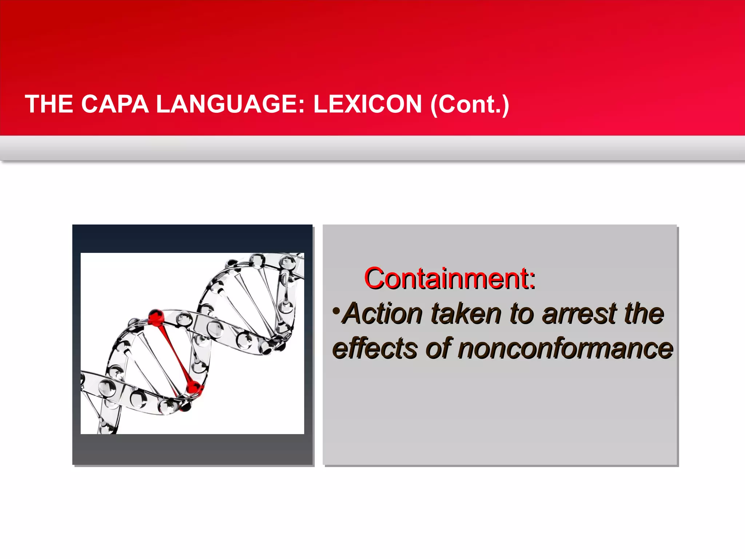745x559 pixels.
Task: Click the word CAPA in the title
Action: pyautogui.click(x=115, y=104)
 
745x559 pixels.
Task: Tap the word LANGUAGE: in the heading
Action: pyautogui.click(x=230, y=104)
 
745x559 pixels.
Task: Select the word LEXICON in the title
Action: pyautogui.click(x=367, y=104)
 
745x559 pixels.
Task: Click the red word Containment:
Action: pyautogui.click(x=450, y=278)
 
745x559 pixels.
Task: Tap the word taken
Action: pyautogui.click(x=466, y=314)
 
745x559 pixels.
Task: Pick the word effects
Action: pyautogui.click(x=375, y=349)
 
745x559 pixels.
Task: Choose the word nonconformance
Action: pyautogui.click(x=565, y=349)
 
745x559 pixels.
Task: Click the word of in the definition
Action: pyautogui.click(x=439, y=349)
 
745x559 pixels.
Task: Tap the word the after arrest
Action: pyautogui.click(x=644, y=314)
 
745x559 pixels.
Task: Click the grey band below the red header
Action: pyautogui.click(x=372, y=148)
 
